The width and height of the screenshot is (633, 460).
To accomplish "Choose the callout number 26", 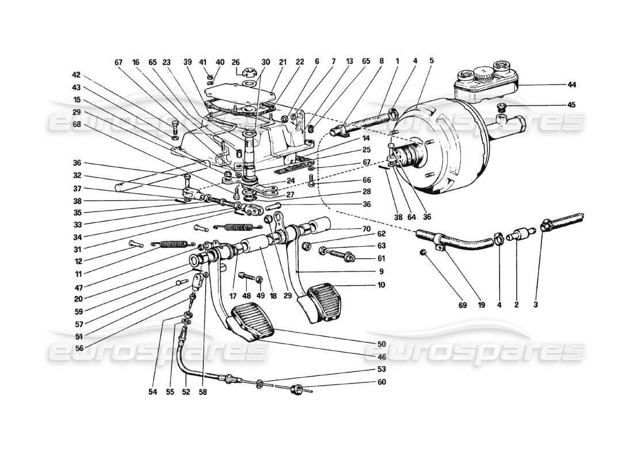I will coord(235,62).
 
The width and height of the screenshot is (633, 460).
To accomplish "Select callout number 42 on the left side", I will coord(77,74).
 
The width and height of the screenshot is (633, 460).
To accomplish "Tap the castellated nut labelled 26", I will coord(251,73).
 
